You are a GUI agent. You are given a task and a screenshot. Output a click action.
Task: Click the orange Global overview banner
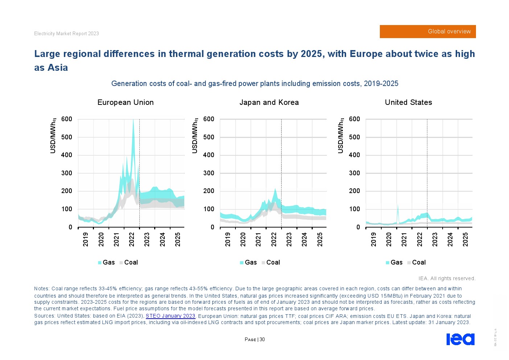pyautogui.click(x=427, y=32)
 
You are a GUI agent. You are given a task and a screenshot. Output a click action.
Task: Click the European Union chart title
pyautogui.click(x=126, y=102)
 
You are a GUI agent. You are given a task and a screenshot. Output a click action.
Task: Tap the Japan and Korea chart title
pyautogui.click(x=269, y=102)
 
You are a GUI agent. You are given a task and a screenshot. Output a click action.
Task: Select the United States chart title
pyautogui.click(x=408, y=102)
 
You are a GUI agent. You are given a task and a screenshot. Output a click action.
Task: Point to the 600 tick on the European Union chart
pyautogui.click(x=67, y=119)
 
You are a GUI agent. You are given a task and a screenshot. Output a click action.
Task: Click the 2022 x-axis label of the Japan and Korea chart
pyautogui.click(x=274, y=240)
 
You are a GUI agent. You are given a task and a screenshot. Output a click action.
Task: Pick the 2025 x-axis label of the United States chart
pyautogui.click(x=465, y=240)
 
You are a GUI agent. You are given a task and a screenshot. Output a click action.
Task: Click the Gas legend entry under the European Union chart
pyautogui.click(x=106, y=262)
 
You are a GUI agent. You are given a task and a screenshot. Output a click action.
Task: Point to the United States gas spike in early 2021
pyautogui.click(x=398, y=206)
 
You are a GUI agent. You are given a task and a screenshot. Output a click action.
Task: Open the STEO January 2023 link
pyautogui.click(x=171, y=316)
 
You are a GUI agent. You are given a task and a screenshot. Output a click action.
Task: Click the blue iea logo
pyautogui.click(x=460, y=339)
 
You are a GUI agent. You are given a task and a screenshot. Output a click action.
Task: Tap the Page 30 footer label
pyautogui.click(x=255, y=340)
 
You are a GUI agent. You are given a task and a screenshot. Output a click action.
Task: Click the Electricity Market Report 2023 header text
pyautogui.click(x=66, y=34)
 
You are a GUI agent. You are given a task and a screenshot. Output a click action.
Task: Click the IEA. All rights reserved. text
pyautogui.click(x=447, y=278)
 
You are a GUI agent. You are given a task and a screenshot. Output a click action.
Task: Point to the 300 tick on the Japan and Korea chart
pyautogui.click(x=209, y=173)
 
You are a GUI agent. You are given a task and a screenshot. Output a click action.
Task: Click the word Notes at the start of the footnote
pyautogui.click(x=41, y=289)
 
